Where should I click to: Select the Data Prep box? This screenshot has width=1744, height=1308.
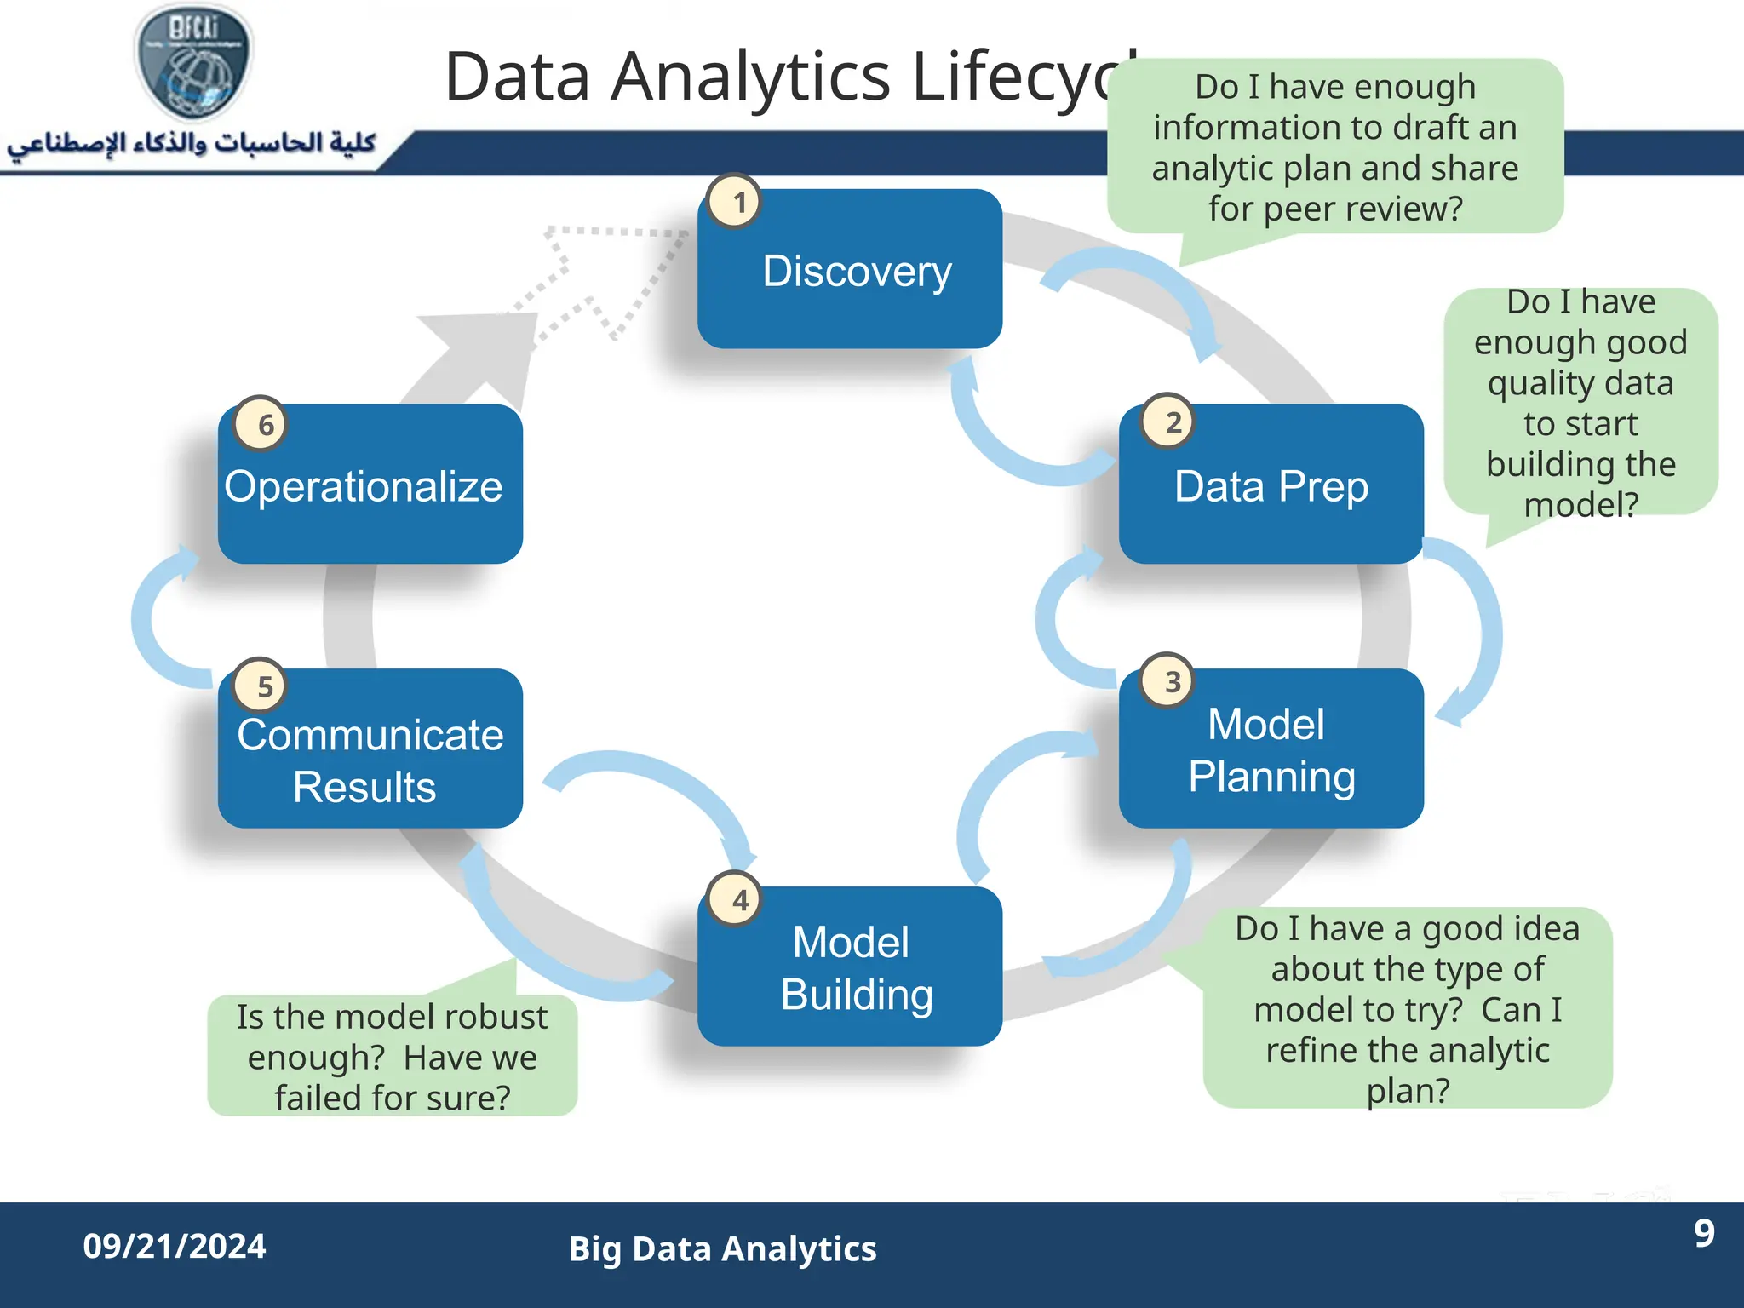point(1271,485)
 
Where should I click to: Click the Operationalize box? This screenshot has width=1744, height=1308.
point(370,485)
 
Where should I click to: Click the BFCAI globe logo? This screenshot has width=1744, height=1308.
point(194,61)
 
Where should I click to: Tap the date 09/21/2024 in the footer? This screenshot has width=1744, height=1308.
point(175,1246)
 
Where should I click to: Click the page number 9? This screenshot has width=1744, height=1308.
point(1703,1233)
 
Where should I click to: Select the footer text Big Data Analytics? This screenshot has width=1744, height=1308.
point(722,1248)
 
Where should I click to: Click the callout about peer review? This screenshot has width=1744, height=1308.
point(1334,147)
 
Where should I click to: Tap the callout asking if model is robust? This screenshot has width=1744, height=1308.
point(392,1056)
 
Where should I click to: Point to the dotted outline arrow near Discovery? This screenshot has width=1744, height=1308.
point(596,272)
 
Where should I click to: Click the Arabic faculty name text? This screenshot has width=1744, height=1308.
point(192,143)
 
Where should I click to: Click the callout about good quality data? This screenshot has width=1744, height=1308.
point(1580,402)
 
